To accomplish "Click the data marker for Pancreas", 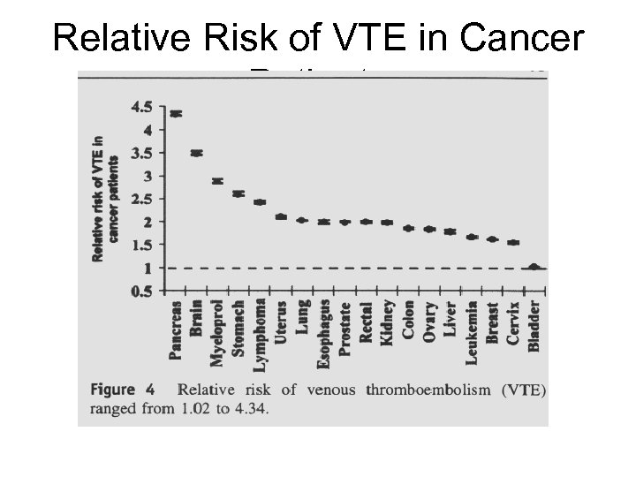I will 177,113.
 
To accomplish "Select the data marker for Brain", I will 197,153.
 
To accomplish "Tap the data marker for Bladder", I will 534,266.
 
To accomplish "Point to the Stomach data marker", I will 238,193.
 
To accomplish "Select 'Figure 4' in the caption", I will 123,390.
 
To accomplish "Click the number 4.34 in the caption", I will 251,408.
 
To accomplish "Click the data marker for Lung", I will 302,220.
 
